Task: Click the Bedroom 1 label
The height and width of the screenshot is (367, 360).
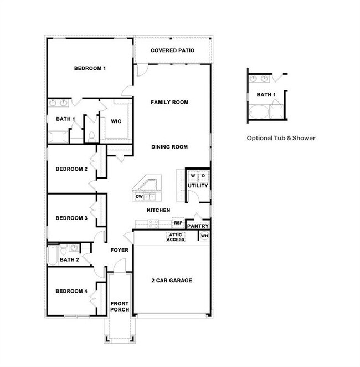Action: click(90, 68)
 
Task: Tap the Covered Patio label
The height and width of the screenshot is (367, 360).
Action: click(172, 50)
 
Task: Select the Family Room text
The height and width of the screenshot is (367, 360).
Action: click(170, 102)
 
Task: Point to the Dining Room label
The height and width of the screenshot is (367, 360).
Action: click(170, 147)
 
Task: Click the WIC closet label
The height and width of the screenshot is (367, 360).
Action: click(116, 121)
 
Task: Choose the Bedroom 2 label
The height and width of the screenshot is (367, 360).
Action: click(71, 169)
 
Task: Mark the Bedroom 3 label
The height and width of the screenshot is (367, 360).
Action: click(71, 218)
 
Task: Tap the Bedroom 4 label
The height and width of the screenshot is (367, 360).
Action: click(71, 290)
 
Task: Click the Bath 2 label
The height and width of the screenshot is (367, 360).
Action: click(70, 259)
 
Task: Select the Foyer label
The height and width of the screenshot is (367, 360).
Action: click(120, 250)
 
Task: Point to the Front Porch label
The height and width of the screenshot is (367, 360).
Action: click(120, 306)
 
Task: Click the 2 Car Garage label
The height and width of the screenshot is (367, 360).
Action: click(172, 281)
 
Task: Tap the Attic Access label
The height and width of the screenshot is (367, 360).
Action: click(176, 237)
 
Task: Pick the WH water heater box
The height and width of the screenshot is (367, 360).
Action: click(204, 236)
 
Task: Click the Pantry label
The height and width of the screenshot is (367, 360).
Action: click(198, 226)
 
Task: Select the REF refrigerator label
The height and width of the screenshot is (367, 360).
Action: click(178, 223)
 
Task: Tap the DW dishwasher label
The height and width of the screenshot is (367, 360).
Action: click(139, 196)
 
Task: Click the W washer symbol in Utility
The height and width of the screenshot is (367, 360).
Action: click(193, 176)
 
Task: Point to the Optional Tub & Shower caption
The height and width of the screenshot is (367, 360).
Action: click(281, 138)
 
